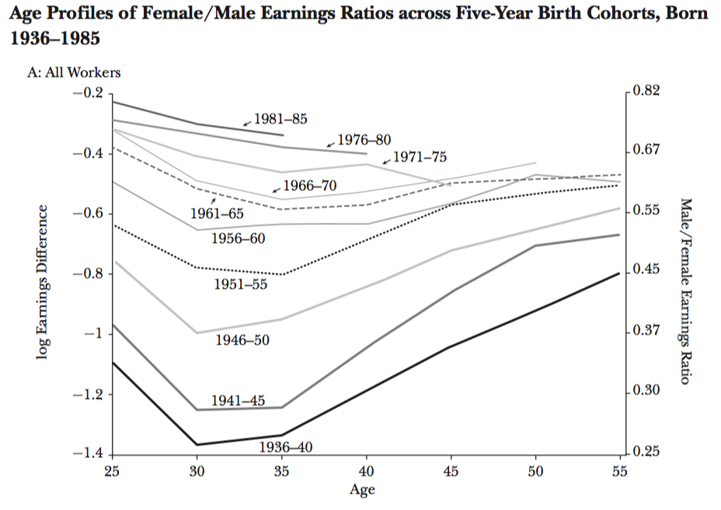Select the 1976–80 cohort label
click(x=364, y=141)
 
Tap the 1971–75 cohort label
click(x=420, y=157)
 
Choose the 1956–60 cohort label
click(x=239, y=238)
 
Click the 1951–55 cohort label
click(x=241, y=284)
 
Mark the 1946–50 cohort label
click(x=243, y=340)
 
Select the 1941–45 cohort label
click(x=239, y=401)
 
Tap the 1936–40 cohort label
click(x=285, y=447)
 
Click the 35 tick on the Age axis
click(x=282, y=470)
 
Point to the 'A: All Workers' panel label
click(x=74, y=73)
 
